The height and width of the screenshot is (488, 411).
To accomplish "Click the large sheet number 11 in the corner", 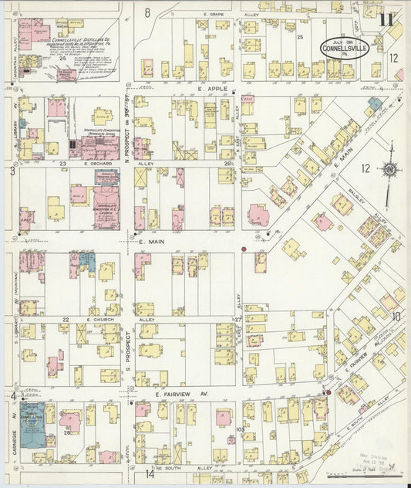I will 387,19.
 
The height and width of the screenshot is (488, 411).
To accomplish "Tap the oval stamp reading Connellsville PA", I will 345,48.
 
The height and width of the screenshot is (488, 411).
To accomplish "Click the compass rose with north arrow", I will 391,168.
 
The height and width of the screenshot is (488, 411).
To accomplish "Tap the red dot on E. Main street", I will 244,249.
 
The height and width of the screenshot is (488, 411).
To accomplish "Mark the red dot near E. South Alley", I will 328,392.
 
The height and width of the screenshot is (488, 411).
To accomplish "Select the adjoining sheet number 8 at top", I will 147,12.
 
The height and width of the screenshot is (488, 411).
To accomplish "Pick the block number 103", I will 240,429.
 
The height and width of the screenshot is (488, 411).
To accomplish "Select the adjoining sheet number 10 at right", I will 396,316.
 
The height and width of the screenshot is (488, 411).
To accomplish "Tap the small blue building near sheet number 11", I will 374,103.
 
